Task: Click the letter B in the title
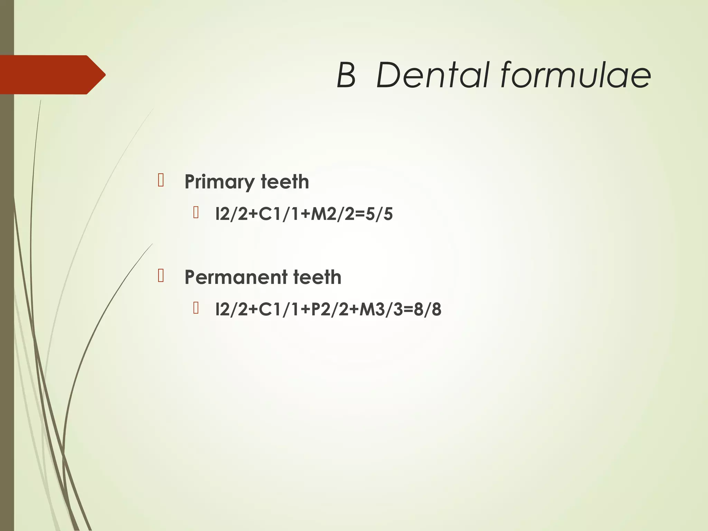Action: pos(346,75)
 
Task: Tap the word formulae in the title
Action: pos(576,75)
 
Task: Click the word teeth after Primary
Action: pos(285,182)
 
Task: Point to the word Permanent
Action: pos(236,277)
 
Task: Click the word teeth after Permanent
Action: pos(317,277)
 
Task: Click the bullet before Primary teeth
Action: pos(161,180)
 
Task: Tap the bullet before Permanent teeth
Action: pos(161,276)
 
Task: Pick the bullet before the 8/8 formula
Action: pos(196,308)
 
